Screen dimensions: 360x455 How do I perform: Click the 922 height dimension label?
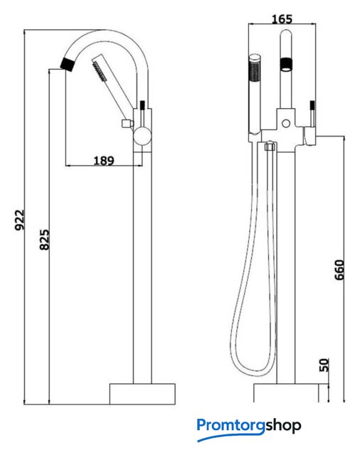coord(20,220)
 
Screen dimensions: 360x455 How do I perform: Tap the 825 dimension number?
coord(44,240)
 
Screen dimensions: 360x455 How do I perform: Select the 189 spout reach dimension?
coord(104,160)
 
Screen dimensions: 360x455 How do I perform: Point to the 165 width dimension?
coord(282,19)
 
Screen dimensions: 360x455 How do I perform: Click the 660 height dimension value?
coord(339,270)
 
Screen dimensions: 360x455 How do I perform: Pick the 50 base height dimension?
coord(324,365)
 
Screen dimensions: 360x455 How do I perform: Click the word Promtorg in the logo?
coord(231,426)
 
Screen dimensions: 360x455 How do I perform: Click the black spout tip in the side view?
coord(67,63)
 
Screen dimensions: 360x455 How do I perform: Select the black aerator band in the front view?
coord(286,64)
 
